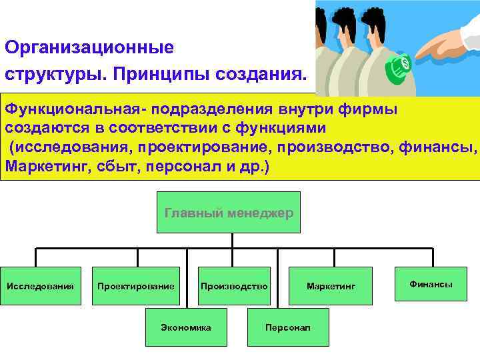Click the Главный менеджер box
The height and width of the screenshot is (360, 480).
[229, 212]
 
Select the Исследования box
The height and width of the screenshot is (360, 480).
[40, 286]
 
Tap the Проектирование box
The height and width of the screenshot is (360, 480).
[136, 286]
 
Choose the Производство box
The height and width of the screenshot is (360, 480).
[234, 286]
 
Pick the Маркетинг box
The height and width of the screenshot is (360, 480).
[331, 286]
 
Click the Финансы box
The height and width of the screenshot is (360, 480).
[431, 284]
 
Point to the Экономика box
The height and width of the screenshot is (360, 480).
[186, 327]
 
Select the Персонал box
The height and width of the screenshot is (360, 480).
[287, 327]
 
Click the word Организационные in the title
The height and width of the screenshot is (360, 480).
[89, 48]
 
